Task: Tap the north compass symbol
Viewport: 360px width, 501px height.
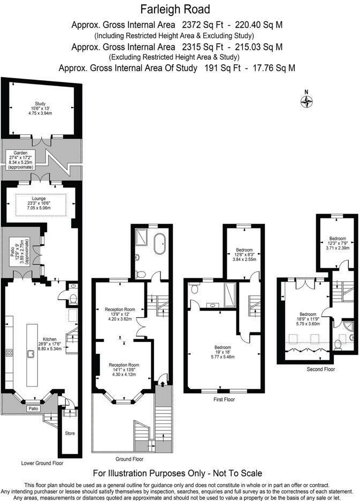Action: tap(307, 101)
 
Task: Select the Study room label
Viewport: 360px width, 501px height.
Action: tap(40, 103)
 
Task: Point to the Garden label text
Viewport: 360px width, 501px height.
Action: tap(20, 153)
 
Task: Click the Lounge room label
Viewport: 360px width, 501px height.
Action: tap(39, 198)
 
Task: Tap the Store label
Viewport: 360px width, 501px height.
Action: tap(70, 432)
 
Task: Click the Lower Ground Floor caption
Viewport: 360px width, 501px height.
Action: tap(42, 463)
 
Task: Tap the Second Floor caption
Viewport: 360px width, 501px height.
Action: tap(320, 369)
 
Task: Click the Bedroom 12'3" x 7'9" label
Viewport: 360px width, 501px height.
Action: tap(338, 238)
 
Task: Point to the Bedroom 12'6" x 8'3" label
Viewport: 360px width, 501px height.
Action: tap(244, 249)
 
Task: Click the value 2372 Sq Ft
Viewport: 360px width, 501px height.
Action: tap(201, 25)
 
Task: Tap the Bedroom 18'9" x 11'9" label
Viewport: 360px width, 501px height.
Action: tap(308, 314)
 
